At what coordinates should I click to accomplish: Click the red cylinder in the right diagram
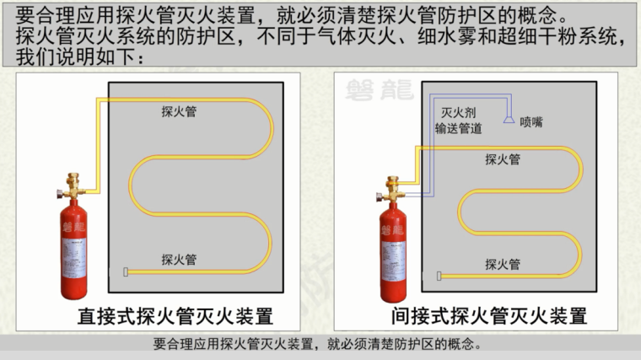pos(393,253)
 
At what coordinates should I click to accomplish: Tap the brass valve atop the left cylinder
pos(72,186)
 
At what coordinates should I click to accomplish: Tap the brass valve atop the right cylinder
pos(391,190)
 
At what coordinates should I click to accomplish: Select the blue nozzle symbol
pos(509,120)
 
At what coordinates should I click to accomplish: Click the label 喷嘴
pos(531,121)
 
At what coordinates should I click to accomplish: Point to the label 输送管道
pos(458,128)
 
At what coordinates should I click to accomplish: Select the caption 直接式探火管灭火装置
pos(175,316)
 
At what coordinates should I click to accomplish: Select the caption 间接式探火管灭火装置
pos(489,316)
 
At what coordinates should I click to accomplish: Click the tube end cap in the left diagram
pos(126,271)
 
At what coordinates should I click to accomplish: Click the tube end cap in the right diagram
pos(439,277)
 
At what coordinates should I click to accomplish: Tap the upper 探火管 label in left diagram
pos(179,111)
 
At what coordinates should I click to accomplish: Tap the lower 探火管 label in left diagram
pos(179,260)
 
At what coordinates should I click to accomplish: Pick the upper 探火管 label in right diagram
pos(503,159)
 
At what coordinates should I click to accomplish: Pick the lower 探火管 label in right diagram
pos(503,265)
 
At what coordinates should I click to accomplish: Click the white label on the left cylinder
pos(74,257)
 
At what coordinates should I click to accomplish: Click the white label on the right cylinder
pos(394,261)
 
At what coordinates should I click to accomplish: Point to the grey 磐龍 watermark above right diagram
pos(380,90)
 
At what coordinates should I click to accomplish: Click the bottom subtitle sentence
pos(318,344)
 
